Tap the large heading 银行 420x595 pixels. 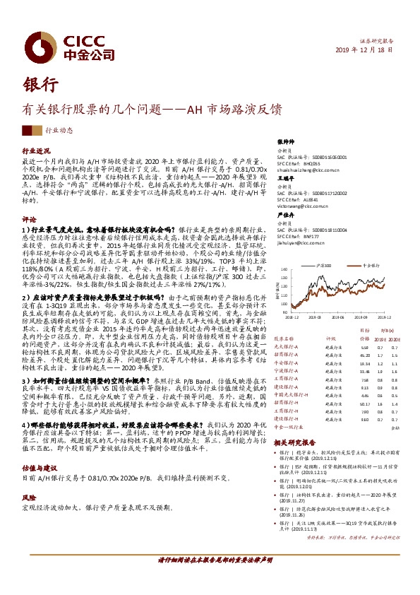[40, 83]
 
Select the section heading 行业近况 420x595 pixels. [37, 152]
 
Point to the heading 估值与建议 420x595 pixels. [40, 447]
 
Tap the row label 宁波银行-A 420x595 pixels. [287, 371]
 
